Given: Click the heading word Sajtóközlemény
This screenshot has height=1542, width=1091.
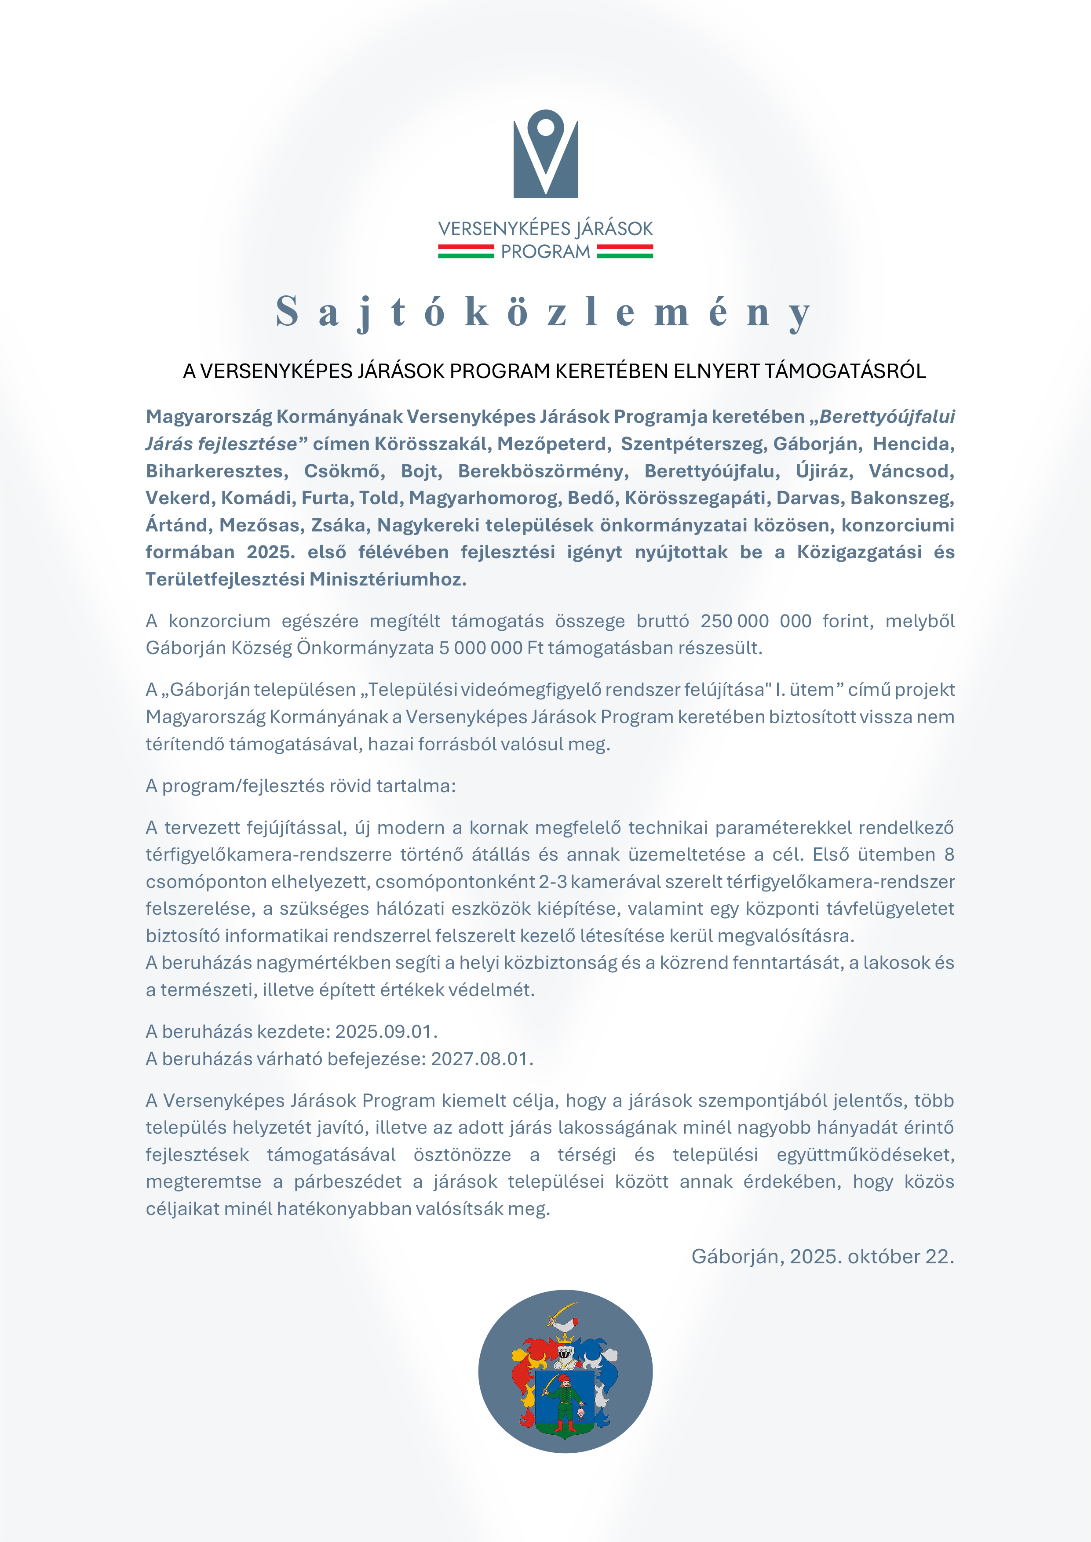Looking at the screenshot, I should [x=544, y=312].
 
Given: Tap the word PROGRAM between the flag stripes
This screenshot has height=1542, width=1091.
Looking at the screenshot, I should [x=545, y=252].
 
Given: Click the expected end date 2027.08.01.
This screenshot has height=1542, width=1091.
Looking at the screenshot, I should [x=481, y=1059].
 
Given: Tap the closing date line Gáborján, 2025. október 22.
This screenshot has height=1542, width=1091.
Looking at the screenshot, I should [x=822, y=1257].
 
